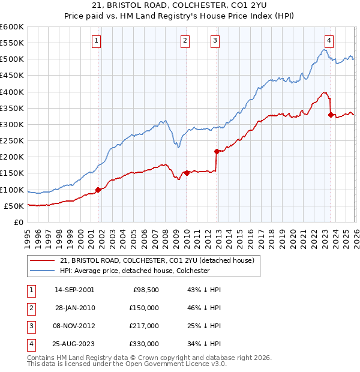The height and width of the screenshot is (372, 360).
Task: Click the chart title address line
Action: point(179,6)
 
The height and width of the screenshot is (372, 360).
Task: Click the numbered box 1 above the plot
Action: point(96,41)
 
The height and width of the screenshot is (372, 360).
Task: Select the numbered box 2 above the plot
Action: point(184,41)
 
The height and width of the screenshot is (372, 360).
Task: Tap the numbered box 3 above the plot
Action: point(215,41)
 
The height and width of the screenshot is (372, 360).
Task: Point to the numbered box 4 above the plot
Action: point(329,41)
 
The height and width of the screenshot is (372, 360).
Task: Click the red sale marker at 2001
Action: point(98,190)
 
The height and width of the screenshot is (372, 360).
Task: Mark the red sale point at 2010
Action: point(187,173)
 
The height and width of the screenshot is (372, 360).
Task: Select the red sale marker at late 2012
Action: point(217,151)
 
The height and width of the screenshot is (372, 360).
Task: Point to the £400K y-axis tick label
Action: point(12,92)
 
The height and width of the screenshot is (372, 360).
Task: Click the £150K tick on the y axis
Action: point(12,173)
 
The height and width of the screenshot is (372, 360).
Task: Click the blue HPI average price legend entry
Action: point(134,271)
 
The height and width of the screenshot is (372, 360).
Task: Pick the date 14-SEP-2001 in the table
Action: point(74,290)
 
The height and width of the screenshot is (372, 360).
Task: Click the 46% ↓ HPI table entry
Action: point(204,308)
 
